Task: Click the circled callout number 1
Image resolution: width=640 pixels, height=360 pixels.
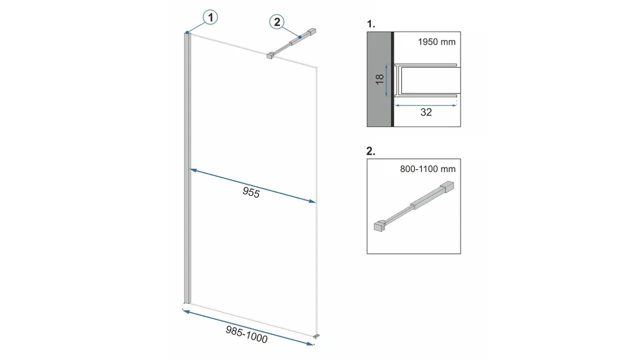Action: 210,17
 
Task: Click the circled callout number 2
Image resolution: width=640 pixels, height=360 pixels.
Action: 277,22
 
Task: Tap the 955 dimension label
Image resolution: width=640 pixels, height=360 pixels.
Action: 251,192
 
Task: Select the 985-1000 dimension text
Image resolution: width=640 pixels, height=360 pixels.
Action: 246,334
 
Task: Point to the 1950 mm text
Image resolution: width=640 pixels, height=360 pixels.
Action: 436,42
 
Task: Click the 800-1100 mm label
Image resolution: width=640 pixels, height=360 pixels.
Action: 427,169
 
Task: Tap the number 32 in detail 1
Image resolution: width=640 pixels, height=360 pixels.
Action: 426,112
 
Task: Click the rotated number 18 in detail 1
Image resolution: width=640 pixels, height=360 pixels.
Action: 379,79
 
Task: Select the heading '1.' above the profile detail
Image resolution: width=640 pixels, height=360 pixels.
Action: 371,24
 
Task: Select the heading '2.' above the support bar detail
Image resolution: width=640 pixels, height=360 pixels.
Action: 371,151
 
